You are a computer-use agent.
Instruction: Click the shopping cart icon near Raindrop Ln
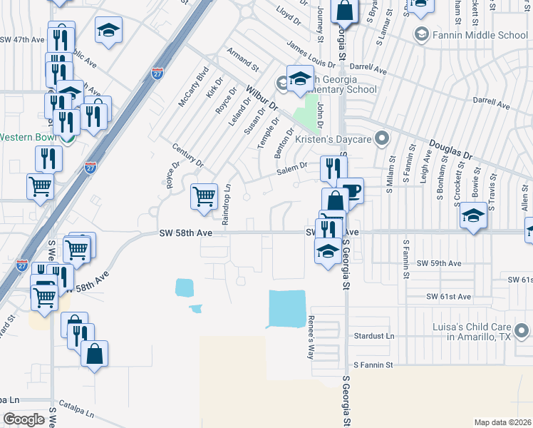tap(205, 195)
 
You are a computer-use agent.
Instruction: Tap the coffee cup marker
tap(351, 190)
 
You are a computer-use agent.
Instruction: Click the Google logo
tap(24, 419)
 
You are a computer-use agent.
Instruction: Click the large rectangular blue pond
tap(286, 308)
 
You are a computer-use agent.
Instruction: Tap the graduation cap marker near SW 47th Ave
tap(108, 31)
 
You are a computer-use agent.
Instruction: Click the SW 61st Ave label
tap(449, 296)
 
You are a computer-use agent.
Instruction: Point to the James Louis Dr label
tap(310, 55)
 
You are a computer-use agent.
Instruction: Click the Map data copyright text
tap(502, 422)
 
